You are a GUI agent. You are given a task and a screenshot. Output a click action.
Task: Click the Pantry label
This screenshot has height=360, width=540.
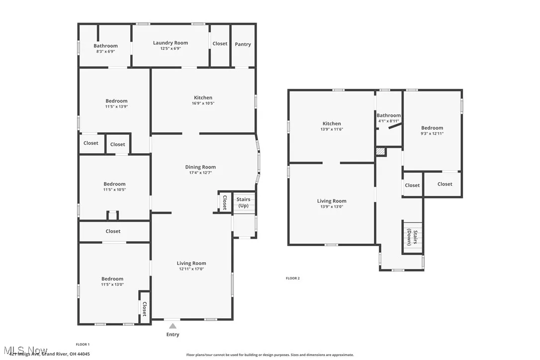[243, 44]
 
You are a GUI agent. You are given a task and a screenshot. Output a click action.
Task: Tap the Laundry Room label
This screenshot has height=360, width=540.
[170, 43]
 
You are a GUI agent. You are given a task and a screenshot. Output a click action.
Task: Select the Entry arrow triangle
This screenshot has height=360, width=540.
[173, 326]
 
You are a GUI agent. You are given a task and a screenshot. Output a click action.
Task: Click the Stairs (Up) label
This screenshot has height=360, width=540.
[243, 202]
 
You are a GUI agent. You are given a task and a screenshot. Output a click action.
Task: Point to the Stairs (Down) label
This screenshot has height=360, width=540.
[412, 237]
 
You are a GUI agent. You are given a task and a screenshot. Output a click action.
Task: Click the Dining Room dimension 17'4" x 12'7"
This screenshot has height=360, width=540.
[200, 173]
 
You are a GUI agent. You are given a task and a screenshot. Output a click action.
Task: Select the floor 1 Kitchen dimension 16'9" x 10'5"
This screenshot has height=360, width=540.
[203, 103]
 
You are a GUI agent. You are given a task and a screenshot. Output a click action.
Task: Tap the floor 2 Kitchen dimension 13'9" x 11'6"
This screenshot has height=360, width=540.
[332, 129]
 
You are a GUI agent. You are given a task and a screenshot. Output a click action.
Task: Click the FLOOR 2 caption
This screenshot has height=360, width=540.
[292, 278]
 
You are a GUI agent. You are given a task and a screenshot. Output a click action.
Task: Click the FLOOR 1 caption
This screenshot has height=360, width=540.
[83, 344]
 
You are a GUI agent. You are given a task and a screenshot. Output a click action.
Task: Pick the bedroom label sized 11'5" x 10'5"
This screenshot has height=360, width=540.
[114, 184]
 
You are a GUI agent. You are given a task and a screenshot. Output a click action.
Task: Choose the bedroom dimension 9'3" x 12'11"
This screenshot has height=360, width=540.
[432, 133]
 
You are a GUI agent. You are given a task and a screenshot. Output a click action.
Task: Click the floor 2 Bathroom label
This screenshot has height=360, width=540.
[388, 115]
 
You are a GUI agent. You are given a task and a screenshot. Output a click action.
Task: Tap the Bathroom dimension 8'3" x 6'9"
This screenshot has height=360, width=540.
[105, 51]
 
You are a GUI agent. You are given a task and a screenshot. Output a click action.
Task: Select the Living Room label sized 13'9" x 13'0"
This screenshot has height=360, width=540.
[332, 201]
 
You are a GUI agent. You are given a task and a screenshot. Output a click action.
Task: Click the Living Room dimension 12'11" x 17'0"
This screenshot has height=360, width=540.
[191, 269]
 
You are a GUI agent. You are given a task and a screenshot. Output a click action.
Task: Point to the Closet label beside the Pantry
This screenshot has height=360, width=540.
[220, 44]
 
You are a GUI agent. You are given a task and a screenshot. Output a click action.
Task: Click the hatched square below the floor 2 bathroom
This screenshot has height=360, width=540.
[381, 152]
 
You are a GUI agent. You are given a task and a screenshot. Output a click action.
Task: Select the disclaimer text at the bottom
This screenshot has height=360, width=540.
[270, 355]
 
